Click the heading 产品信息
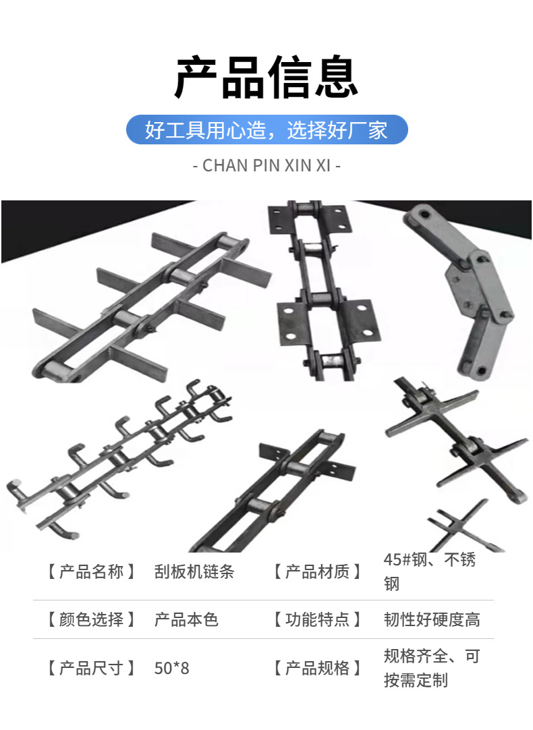(266, 78)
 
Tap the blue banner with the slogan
(266, 130)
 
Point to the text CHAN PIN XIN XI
(266, 165)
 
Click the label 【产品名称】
(91, 571)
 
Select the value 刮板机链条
(194, 571)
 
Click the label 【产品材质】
(317, 571)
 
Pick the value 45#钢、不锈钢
(429, 571)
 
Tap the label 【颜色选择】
(91, 619)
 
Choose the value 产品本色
(186, 619)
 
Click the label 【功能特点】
(317, 619)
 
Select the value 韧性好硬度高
(432, 619)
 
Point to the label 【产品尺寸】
(91, 668)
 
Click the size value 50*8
(172, 668)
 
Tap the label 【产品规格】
(317, 668)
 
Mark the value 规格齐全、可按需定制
(432, 668)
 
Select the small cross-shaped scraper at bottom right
(461, 526)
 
